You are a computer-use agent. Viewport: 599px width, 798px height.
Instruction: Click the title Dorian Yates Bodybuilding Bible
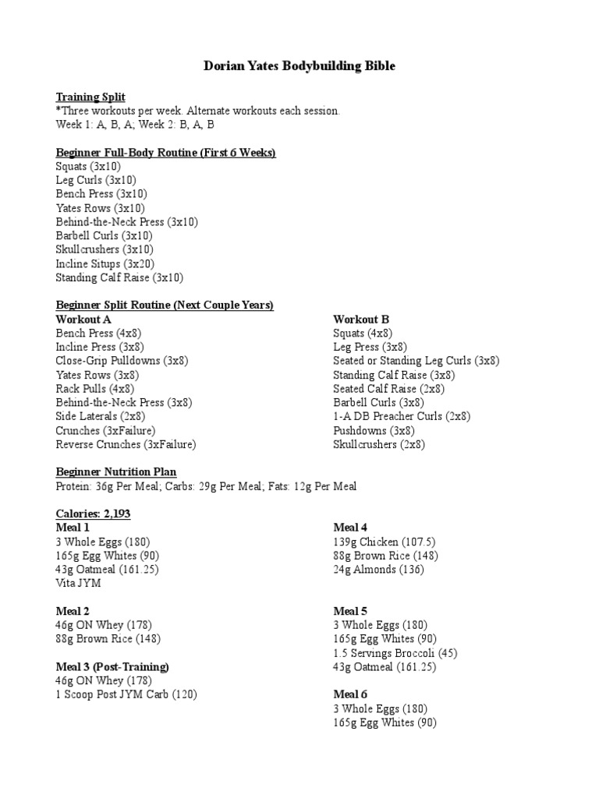[x=299, y=66]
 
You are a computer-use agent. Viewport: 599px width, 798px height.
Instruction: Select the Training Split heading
[x=90, y=97]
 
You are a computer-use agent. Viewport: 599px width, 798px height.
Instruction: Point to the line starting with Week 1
[x=135, y=125]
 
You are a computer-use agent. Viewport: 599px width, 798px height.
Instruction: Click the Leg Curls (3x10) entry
[x=96, y=180]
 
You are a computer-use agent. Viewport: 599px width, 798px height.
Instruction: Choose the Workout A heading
[x=83, y=320]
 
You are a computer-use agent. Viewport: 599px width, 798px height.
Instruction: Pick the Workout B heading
[x=361, y=320]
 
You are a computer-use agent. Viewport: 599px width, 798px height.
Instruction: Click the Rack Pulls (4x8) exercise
[x=95, y=389]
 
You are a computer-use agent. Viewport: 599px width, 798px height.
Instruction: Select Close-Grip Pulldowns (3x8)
[x=122, y=361]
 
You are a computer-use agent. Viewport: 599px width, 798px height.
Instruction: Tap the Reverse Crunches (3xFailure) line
[x=126, y=444]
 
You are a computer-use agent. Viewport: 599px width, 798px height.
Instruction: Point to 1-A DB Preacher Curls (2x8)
[x=402, y=416]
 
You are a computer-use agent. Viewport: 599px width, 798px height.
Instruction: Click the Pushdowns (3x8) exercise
[x=374, y=430]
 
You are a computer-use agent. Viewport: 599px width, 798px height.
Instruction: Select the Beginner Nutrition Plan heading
[x=116, y=472]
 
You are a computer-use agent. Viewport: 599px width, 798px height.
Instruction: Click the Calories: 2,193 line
[x=97, y=514]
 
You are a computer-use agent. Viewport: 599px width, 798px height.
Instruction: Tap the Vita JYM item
[x=79, y=583]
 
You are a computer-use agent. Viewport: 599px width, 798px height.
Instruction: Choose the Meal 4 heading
[x=350, y=528]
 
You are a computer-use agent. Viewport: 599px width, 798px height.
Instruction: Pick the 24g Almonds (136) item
[x=378, y=570]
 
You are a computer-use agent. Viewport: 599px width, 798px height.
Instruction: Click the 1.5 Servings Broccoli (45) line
[x=395, y=653]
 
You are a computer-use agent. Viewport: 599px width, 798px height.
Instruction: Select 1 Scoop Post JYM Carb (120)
[x=126, y=694]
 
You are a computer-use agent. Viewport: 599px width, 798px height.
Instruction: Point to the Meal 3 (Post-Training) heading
[x=112, y=667]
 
